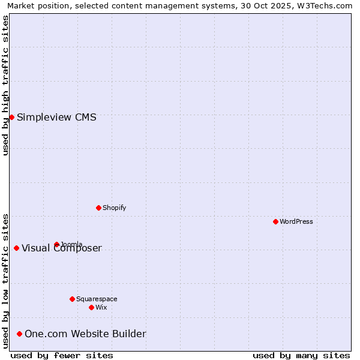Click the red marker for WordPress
275,221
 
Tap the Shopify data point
98,208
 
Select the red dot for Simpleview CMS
11,117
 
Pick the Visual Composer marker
16,248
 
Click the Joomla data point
56,244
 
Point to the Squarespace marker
72,299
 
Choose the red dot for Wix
91,307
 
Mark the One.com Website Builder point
19,334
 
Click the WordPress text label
296,221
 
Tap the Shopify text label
114,208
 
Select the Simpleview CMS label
56,117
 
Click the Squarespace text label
97,299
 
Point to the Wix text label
101,307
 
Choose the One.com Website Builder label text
85,334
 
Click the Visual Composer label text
62,248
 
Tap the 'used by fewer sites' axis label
62,355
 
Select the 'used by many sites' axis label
301,355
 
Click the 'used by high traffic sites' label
5,85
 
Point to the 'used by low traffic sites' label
5,280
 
